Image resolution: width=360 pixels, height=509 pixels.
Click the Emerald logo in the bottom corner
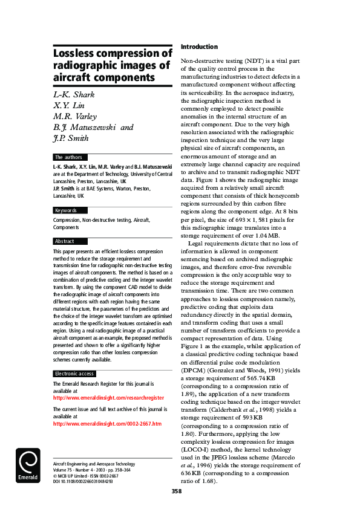click(28, 466)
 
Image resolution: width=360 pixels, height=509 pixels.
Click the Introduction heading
click(199, 47)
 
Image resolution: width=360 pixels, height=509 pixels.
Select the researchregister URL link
click(109, 398)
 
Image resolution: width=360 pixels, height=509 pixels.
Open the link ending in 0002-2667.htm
click(108, 424)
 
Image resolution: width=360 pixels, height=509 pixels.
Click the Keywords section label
click(66, 210)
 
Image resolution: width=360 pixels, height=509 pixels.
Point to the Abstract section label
click(65, 241)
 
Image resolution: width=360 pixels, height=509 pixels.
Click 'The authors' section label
click(68, 157)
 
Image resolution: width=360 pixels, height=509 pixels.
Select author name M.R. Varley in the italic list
click(76, 116)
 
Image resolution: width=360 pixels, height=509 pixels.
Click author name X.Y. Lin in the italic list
click(68, 105)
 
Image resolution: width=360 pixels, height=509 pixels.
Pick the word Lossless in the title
click(77, 54)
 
